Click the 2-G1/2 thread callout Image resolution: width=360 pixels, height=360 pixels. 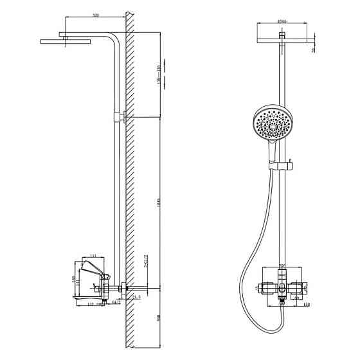(147, 260)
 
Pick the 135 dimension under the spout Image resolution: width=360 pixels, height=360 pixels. (91, 304)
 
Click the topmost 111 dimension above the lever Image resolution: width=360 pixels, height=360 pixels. (92, 256)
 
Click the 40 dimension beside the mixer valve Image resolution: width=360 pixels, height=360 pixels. (299, 297)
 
